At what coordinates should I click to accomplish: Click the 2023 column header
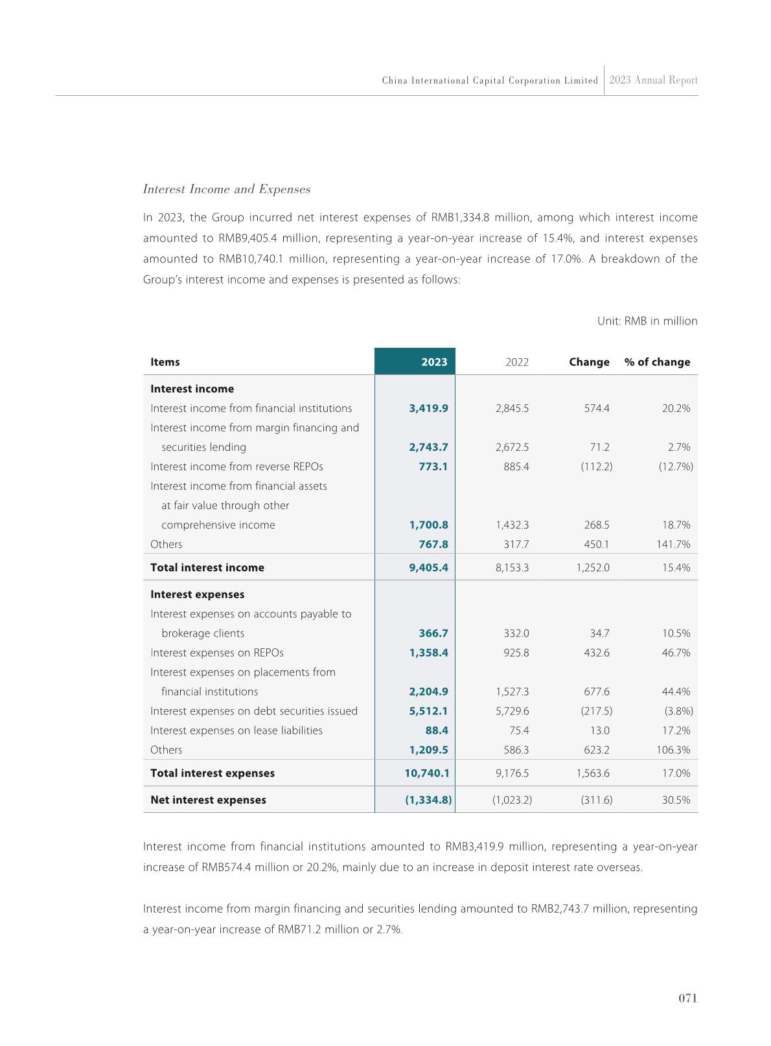tap(434, 362)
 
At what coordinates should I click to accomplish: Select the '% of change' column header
tap(657, 362)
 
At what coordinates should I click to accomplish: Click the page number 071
tap(687, 998)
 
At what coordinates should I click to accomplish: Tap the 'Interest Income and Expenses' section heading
tap(226, 189)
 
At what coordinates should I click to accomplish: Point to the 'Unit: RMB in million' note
tap(647, 321)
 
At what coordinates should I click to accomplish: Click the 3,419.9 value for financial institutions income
tap(428, 408)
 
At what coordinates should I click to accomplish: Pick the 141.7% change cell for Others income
tap(673, 544)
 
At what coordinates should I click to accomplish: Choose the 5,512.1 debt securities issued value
tap(428, 711)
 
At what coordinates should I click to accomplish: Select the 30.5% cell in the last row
tap(676, 799)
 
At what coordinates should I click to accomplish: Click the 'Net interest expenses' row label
tap(208, 799)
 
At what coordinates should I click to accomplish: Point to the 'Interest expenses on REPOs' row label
tap(217, 652)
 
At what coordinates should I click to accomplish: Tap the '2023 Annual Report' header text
tap(653, 80)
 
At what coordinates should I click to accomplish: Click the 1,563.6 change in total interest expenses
tap(592, 773)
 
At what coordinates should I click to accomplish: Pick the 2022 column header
tap(517, 362)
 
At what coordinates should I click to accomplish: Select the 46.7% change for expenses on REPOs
tap(676, 652)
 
